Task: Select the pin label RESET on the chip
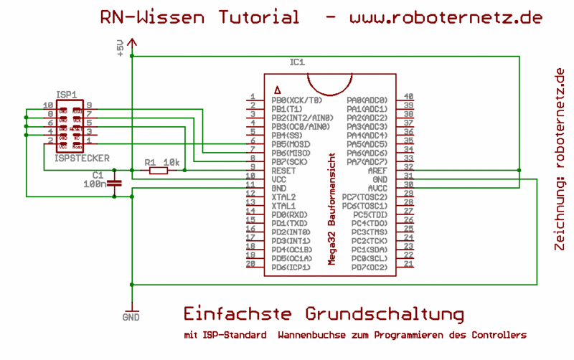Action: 284,171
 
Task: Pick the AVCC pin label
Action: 377,188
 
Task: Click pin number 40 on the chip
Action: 408,97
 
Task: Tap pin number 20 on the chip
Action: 250,264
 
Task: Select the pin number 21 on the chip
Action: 408,264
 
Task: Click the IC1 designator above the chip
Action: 297,62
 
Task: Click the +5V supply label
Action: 120,47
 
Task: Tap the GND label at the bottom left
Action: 131,316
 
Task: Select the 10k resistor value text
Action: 171,162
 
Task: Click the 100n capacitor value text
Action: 95,184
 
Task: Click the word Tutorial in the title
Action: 253,17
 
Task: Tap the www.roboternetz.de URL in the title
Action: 446,17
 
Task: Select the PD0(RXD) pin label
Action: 290,214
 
